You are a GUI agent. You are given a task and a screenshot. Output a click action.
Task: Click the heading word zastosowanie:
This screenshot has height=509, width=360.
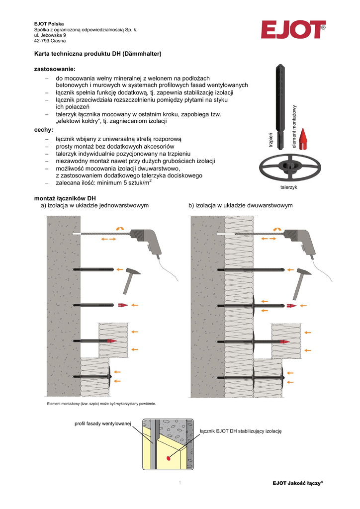pos(54,69)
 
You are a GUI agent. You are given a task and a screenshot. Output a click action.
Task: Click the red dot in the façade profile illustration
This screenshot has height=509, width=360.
pos(169,457)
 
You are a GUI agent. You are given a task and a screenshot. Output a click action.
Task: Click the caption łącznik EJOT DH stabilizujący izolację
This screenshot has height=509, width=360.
pos(240,430)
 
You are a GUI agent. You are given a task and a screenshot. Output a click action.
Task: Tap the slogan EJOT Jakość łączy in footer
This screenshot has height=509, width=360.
pos(299,483)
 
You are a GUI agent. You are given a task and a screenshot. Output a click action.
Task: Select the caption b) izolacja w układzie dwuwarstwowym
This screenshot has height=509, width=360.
pos(241,205)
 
